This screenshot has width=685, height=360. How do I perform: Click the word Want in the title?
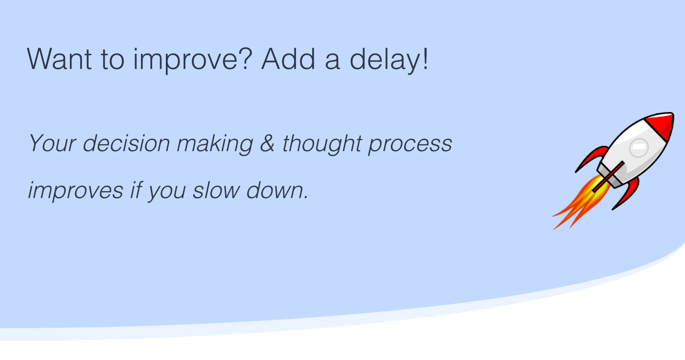pyautogui.click(x=59, y=59)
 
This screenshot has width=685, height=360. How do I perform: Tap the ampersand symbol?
pyautogui.click(x=267, y=143)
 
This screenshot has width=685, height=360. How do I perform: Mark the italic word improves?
pyautogui.click(x=76, y=190)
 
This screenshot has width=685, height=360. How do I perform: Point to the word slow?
pyautogui.click(x=215, y=189)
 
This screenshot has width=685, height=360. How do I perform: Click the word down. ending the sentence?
pyautogui.click(x=277, y=189)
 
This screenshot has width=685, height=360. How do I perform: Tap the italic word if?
pyautogui.click(x=136, y=189)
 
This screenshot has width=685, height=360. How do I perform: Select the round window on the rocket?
pyautogui.click(x=639, y=147)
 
